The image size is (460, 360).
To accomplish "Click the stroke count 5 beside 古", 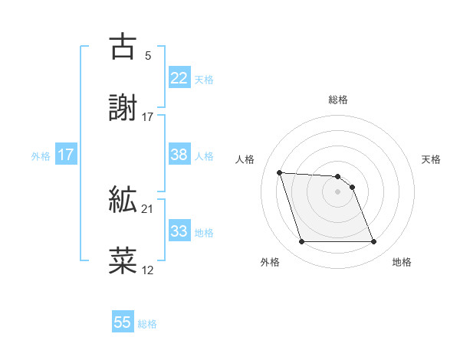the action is click(147, 56).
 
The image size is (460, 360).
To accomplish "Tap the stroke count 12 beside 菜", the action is click(147, 270).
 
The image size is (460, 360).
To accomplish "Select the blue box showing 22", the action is click(179, 78).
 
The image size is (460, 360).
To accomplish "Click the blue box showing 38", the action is click(179, 155).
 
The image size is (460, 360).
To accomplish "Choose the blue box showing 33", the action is click(179, 231).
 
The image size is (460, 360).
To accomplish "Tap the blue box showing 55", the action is click(123, 322).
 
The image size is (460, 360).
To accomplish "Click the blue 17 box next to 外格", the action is click(66, 155).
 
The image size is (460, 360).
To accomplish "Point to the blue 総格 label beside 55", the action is click(147, 324).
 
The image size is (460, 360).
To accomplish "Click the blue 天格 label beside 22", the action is click(204, 80).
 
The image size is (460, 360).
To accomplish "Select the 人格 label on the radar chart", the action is click(245, 159).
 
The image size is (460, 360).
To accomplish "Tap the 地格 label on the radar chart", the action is click(402, 263).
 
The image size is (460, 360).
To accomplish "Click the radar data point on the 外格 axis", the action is click(301, 242).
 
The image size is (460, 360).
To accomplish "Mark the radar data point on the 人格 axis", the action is click(279, 172).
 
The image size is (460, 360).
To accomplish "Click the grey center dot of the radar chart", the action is click(337, 191).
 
